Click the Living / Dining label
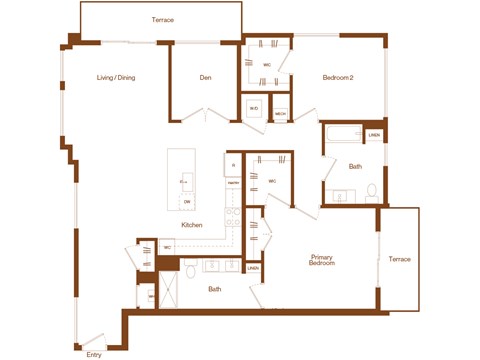tap(116, 78)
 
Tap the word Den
tap(204, 78)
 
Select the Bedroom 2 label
tap(339, 78)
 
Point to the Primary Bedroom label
tap(321, 260)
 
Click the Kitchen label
tap(191, 225)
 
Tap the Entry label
tap(94, 354)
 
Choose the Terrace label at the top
tap(163, 19)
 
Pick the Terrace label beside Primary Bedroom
tap(399, 259)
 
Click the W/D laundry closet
tap(254, 109)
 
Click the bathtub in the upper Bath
tap(343, 135)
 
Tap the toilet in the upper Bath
tap(371, 190)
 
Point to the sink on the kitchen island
tap(186, 181)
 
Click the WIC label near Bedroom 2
tap(267, 65)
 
